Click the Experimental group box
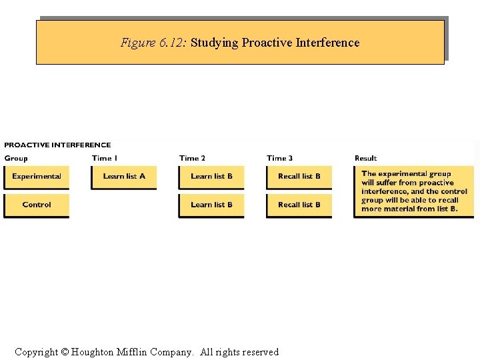[37, 177]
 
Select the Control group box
[37, 205]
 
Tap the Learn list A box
[124, 177]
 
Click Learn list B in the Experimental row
[211, 177]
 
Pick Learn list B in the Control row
[211, 205]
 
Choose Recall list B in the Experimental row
[299, 177]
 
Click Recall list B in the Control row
[299, 205]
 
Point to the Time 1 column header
[105, 158]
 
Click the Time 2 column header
[192, 158]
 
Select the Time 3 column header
[279, 158]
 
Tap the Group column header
[16, 158]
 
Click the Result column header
[365, 158]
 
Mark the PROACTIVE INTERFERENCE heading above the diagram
[57, 145]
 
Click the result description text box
[414, 191]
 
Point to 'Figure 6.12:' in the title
[154, 43]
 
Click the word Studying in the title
[215, 43]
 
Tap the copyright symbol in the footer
[65, 352]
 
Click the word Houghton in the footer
[97, 352]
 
